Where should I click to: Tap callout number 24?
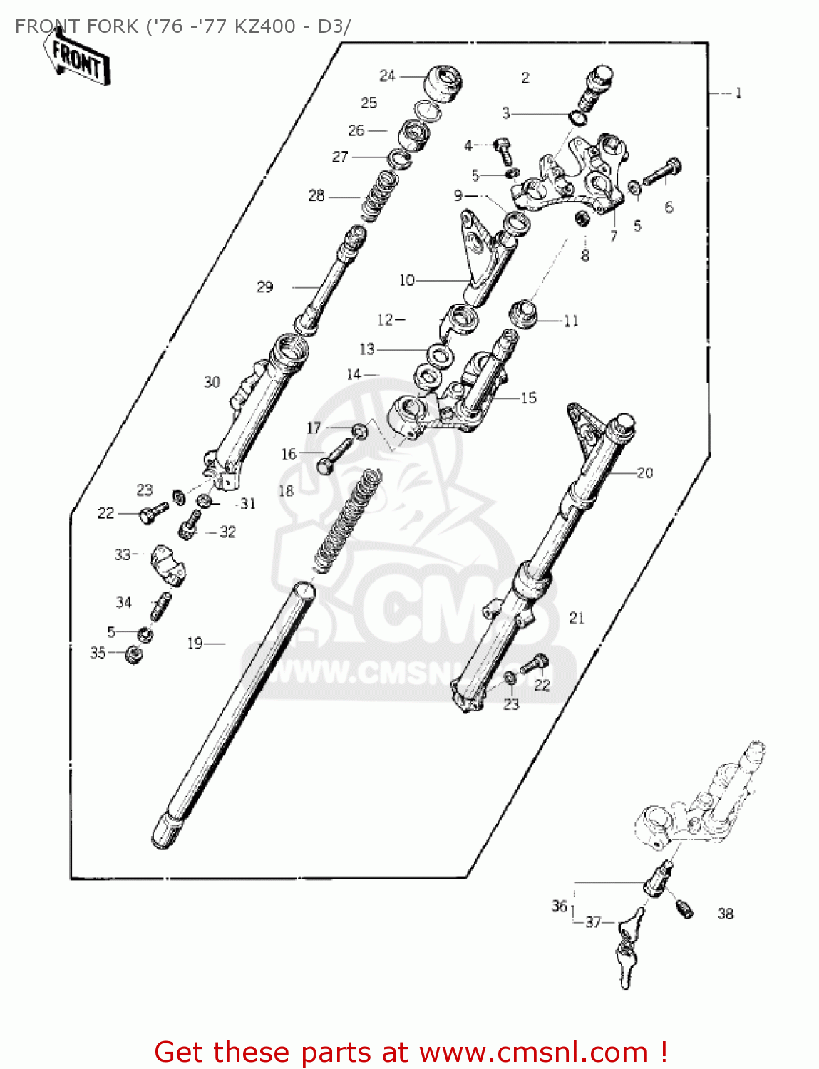coord(387,76)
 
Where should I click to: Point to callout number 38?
coord(725,914)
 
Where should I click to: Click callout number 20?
coord(644,472)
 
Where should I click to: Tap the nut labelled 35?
coord(133,654)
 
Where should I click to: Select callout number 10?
coord(406,280)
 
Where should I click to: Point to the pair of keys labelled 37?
coord(627,948)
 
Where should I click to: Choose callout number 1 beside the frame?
coord(738,93)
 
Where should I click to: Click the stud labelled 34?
coord(159,608)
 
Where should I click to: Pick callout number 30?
coord(212,382)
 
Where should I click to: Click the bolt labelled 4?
coord(503,151)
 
